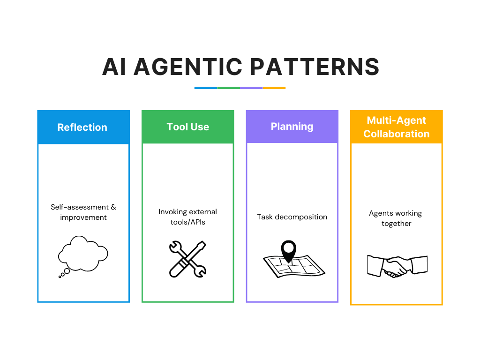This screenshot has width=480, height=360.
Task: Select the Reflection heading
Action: tap(82, 127)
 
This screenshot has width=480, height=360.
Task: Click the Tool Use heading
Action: tap(187, 127)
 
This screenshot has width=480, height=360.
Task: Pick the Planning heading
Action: tap(292, 126)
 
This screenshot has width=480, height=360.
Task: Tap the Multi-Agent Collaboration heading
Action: tap(396, 127)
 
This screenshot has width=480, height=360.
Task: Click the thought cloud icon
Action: tap(83, 253)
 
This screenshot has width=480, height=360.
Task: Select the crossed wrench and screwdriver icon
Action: tap(187, 258)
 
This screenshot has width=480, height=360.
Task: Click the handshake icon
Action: tap(397, 266)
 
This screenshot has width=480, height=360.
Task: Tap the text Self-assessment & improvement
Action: tap(83, 212)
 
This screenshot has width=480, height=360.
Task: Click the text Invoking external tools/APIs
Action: tap(187, 217)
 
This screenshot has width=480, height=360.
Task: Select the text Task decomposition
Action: tap(292, 217)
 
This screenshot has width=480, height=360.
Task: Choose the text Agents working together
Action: tap(396, 218)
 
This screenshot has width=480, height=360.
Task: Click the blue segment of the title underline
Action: tap(206, 88)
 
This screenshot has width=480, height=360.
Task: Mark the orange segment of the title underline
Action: tap(274, 88)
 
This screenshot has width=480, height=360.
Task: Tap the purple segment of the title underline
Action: tap(251, 88)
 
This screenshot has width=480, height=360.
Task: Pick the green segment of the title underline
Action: tap(228, 88)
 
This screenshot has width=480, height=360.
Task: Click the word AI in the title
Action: tap(114, 67)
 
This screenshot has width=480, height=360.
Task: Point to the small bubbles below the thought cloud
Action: tap(65, 273)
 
